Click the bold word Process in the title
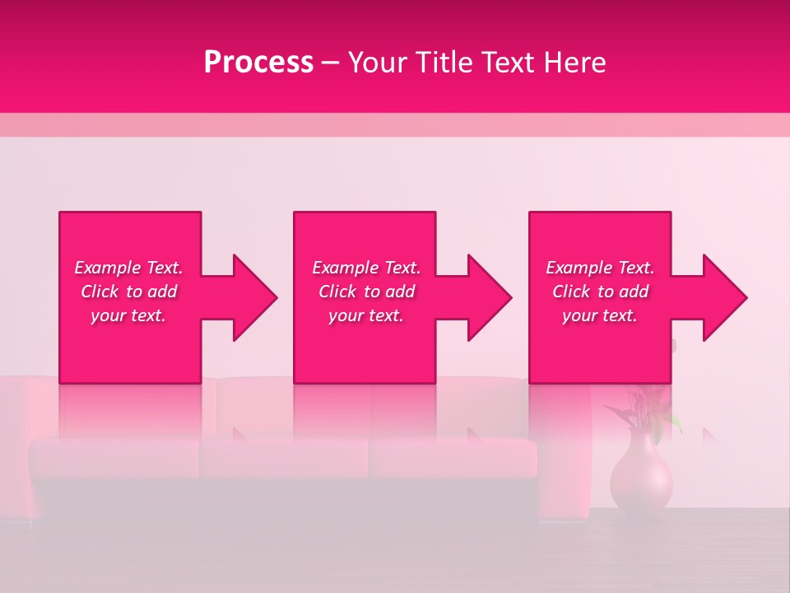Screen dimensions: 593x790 point(258,63)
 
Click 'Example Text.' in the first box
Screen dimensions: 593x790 point(128,268)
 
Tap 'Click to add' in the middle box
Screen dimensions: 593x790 point(366,292)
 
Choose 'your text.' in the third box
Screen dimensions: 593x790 point(600,315)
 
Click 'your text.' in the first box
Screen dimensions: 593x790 point(128,315)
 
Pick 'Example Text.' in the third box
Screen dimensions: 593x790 point(600,268)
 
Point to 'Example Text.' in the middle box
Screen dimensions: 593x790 point(366,268)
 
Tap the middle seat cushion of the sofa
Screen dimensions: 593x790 point(284,457)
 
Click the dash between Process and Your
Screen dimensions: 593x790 point(330,63)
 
